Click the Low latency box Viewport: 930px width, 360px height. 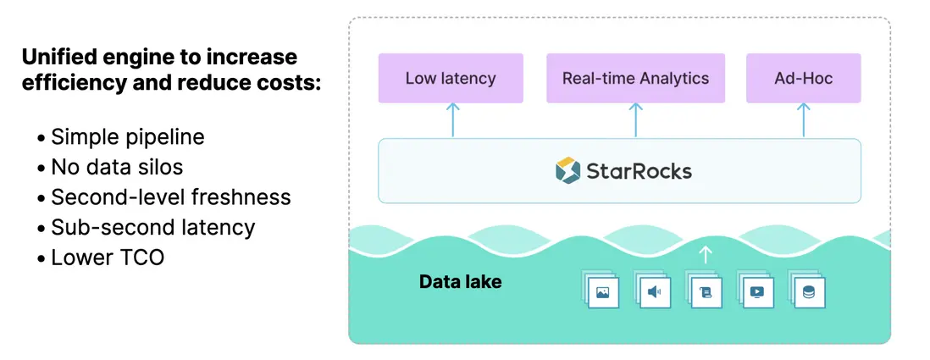tap(451, 79)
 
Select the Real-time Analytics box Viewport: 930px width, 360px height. tap(635, 79)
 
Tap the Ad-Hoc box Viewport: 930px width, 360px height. tap(803, 79)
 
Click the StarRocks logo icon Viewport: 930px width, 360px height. tap(567, 170)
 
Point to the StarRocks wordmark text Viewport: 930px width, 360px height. tap(639, 171)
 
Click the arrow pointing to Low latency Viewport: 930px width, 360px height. tap(451, 119)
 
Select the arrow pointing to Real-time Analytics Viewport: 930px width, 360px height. tap(635, 119)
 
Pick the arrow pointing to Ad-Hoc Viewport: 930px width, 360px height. tap(803, 119)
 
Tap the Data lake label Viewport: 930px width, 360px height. tap(460, 281)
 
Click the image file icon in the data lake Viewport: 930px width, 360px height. tap(603, 292)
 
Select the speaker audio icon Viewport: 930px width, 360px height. tap(654, 292)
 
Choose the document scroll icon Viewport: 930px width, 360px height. tap(705, 292)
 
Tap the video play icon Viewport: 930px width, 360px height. tap(756, 292)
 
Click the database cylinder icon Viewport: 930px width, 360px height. tap(808, 292)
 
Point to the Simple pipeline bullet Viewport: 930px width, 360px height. tap(127, 137)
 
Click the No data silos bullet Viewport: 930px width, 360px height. tap(117, 167)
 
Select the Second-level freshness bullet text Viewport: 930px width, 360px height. tap(170, 197)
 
